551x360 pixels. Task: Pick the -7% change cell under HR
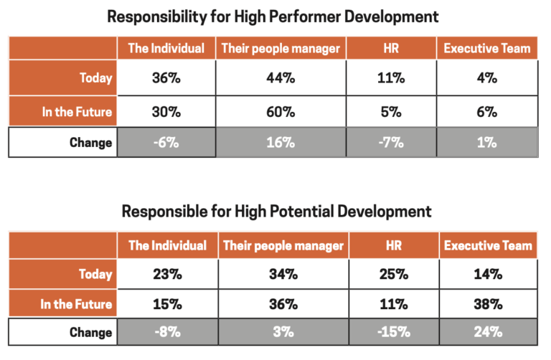click(391, 142)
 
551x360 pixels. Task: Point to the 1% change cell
click(488, 142)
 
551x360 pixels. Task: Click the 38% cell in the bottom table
click(488, 303)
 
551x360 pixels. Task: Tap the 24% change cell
click(488, 332)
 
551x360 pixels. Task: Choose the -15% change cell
click(391, 332)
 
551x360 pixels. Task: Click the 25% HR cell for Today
click(391, 274)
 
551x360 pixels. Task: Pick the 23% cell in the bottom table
click(166, 274)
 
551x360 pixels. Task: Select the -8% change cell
click(166, 332)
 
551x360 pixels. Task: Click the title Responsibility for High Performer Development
click(273, 16)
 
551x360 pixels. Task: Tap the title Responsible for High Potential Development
click(276, 212)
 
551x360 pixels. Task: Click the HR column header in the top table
click(391, 49)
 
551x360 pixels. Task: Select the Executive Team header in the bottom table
click(488, 245)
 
